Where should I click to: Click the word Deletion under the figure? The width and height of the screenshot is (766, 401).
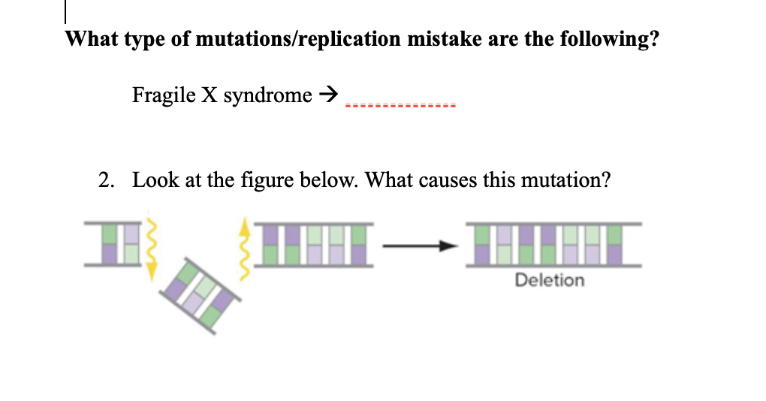549,280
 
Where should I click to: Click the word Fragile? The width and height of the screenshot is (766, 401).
155,95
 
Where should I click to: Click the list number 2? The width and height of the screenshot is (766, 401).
107,180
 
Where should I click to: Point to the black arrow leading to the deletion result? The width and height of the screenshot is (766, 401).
420,246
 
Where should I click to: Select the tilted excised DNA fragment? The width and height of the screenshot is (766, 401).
199,288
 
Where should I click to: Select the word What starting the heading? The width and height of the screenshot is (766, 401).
89,39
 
